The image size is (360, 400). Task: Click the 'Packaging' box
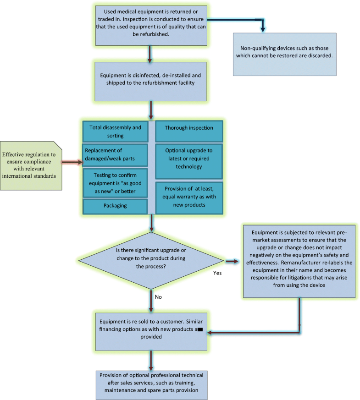[x=115, y=206]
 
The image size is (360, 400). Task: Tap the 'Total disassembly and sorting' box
[x=115, y=131]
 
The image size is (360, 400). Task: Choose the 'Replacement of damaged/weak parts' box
[x=115, y=155]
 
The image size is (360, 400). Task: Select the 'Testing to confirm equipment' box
[x=115, y=182]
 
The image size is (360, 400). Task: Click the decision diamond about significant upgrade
[x=151, y=261]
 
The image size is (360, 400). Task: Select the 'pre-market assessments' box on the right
[x=299, y=259]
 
